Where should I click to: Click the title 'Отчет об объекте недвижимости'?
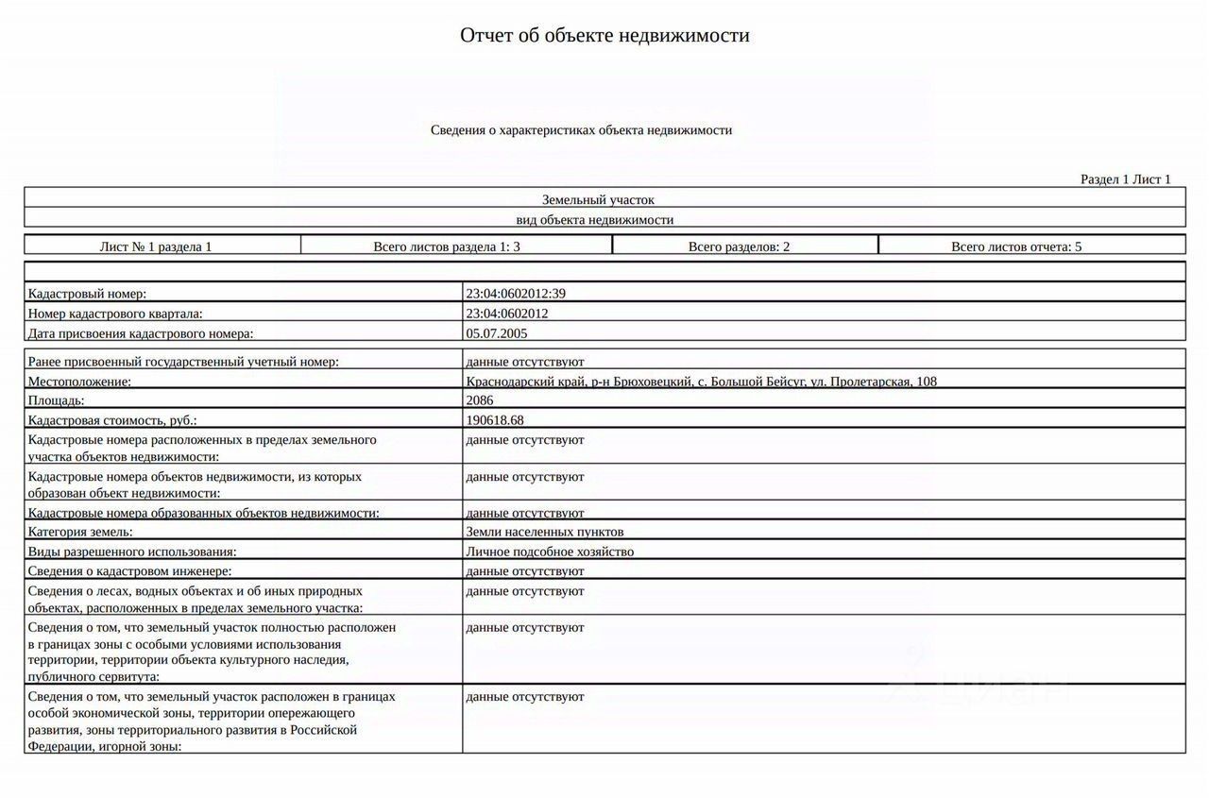coord(604,36)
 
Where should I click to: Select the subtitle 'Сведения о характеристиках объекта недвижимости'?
coord(581,130)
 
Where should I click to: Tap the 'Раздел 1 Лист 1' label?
coord(1125,179)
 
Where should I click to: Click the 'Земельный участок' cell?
coord(598,200)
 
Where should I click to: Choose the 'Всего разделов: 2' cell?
coord(739,246)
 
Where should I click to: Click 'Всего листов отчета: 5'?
coord(1016,246)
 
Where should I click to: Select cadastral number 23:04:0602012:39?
coord(516,294)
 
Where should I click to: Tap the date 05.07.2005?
coord(498,333)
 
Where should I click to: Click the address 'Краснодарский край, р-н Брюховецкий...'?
coord(701,382)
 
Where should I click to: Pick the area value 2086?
coord(480,400)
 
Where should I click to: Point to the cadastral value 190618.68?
coord(495,420)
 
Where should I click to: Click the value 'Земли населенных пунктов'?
coord(544,532)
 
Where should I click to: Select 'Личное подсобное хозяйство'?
coord(550,552)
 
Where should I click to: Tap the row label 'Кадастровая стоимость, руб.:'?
coord(112,420)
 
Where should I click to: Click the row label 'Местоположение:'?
coord(80,382)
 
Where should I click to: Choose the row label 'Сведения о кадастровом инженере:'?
coord(129,571)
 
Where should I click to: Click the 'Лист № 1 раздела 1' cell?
coord(156,246)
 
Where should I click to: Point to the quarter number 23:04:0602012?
coord(507,314)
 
